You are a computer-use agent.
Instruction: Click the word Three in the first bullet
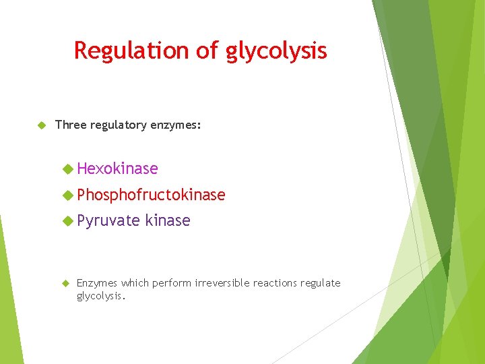[69, 125]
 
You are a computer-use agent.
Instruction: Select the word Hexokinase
[117, 169]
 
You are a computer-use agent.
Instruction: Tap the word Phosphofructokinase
[151, 195]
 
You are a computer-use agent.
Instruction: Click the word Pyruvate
[108, 220]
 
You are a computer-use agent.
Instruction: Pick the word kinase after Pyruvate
[168, 220]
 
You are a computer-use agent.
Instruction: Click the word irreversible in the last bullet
[221, 283]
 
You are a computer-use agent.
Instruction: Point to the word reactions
[276, 283]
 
